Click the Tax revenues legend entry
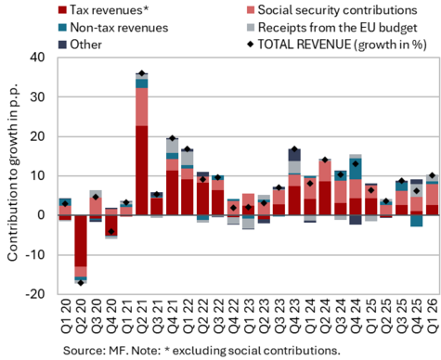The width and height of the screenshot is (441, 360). pyautogui.click(x=104, y=10)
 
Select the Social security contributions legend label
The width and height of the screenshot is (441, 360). pyautogui.click(x=332, y=10)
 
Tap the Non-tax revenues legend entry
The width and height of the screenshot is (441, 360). pyautogui.click(x=113, y=27)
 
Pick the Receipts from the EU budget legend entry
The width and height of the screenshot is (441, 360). pyautogui.click(x=332, y=27)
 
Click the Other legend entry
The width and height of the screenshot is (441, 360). pyautogui.click(x=80, y=45)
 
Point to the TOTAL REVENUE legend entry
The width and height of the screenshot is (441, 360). pyautogui.click(x=337, y=45)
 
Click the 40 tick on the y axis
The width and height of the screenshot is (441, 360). pyautogui.click(x=37, y=58)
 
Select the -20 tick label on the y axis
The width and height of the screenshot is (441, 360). pyautogui.click(x=35, y=294)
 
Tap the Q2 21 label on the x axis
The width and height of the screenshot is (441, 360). pyautogui.click(x=141, y=315)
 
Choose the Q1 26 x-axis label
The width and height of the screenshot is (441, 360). pyautogui.click(x=432, y=315)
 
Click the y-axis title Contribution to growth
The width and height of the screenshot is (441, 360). pyautogui.click(x=12, y=173)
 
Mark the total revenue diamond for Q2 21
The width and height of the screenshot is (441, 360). pyautogui.click(x=142, y=73)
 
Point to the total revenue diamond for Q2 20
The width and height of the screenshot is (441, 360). pyautogui.click(x=81, y=283)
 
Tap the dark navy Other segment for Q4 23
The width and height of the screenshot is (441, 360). pyautogui.click(x=294, y=155)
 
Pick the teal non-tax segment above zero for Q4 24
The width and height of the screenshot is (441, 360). pyautogui.click(x=356, y=169)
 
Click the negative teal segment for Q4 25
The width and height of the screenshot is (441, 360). pyautogui.click(x=417, y=221)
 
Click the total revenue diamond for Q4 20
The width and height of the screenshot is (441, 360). pyautogui.click(x=111, y=231)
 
